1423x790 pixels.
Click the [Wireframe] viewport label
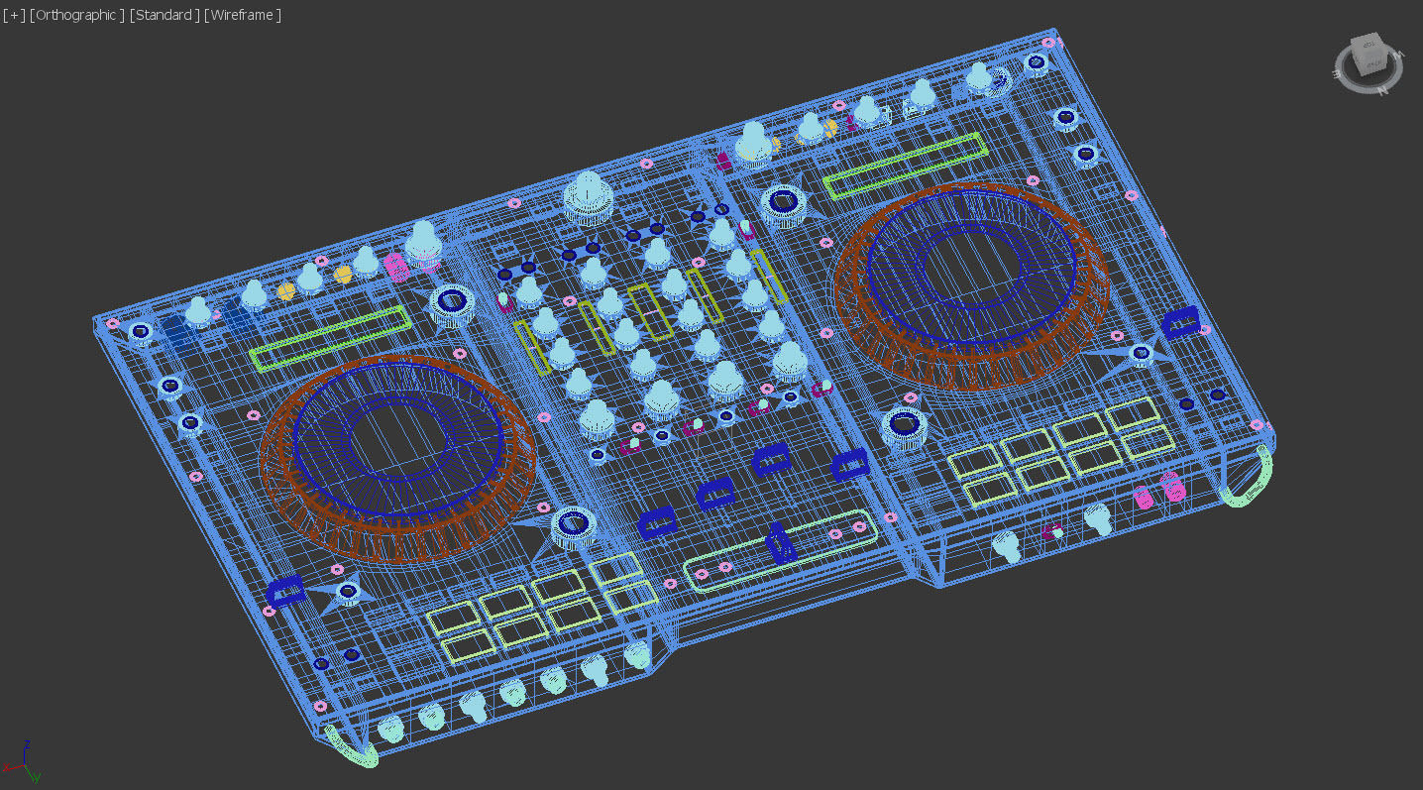pyautogui.click(x=243, y=15)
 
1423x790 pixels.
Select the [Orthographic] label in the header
pyautogui.click(x=77, y=15)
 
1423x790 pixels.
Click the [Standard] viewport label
pyautogui.click(x=164, y=15)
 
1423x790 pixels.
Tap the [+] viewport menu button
pyautogui.click(x=15, y=15)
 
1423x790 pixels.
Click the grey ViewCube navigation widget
pyautogui.click(x=1369, y=59)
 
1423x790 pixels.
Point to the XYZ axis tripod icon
pyautogui.click(x=22, y=761)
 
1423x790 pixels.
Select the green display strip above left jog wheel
pyautogui.click(x=330, y=338)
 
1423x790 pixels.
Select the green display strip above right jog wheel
pyautogui.click(x=905, y=166)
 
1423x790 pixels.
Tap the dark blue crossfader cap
pyautogui.click(x=779, y=543)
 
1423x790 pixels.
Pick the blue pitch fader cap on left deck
pyautogui.click(x=286, y=591)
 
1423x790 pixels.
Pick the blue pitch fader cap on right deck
pyautogui.click(x=1180, y=321)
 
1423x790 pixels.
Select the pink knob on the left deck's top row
pyautogui.click(x=395, y=267)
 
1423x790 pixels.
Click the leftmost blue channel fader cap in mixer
pyautogui.click(x=657, y=522)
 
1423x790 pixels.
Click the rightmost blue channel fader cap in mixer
pyautogui.click(x=849, y=464)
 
